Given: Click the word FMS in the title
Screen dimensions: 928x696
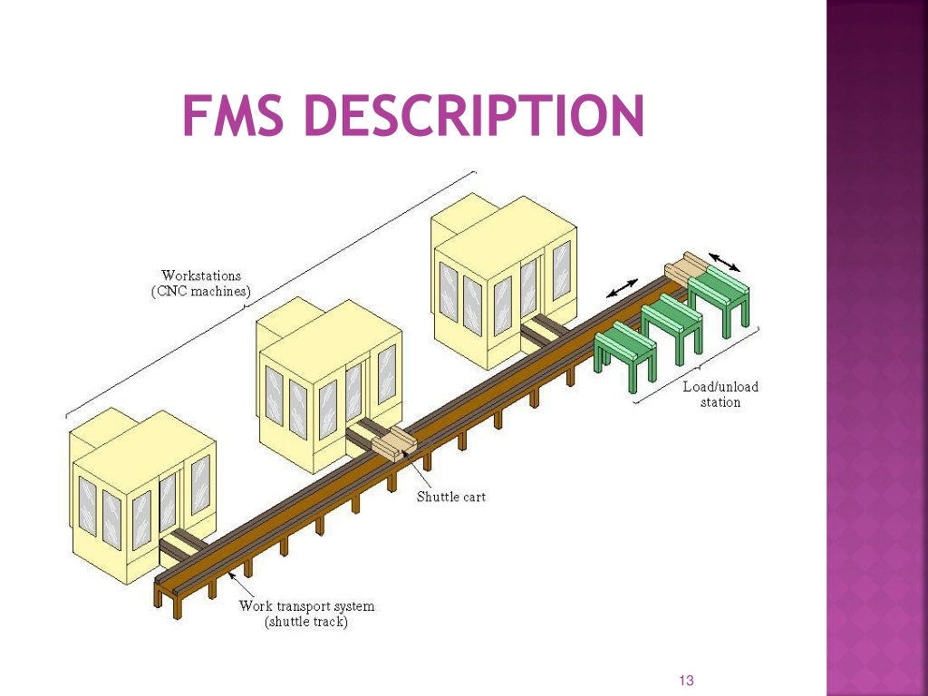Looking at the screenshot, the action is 233,115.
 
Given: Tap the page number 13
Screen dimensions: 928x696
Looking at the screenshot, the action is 687,681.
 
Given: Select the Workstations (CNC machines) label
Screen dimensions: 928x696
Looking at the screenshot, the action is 201,284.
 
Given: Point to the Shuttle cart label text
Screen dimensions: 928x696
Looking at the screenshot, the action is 451,497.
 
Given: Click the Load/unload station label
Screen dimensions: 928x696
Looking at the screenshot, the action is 720,394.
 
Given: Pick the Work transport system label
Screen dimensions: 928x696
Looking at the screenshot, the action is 306,614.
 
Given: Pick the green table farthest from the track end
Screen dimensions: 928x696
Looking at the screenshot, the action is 625,355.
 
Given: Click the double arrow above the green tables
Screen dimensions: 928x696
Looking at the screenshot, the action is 724,262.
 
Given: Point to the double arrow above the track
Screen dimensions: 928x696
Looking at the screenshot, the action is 622,287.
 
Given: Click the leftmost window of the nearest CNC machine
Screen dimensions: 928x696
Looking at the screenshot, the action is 88,507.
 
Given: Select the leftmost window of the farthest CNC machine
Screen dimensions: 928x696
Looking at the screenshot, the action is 449,293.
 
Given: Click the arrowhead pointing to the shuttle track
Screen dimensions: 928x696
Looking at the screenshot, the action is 232,575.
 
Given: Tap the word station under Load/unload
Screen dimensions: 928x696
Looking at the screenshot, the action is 720,402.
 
